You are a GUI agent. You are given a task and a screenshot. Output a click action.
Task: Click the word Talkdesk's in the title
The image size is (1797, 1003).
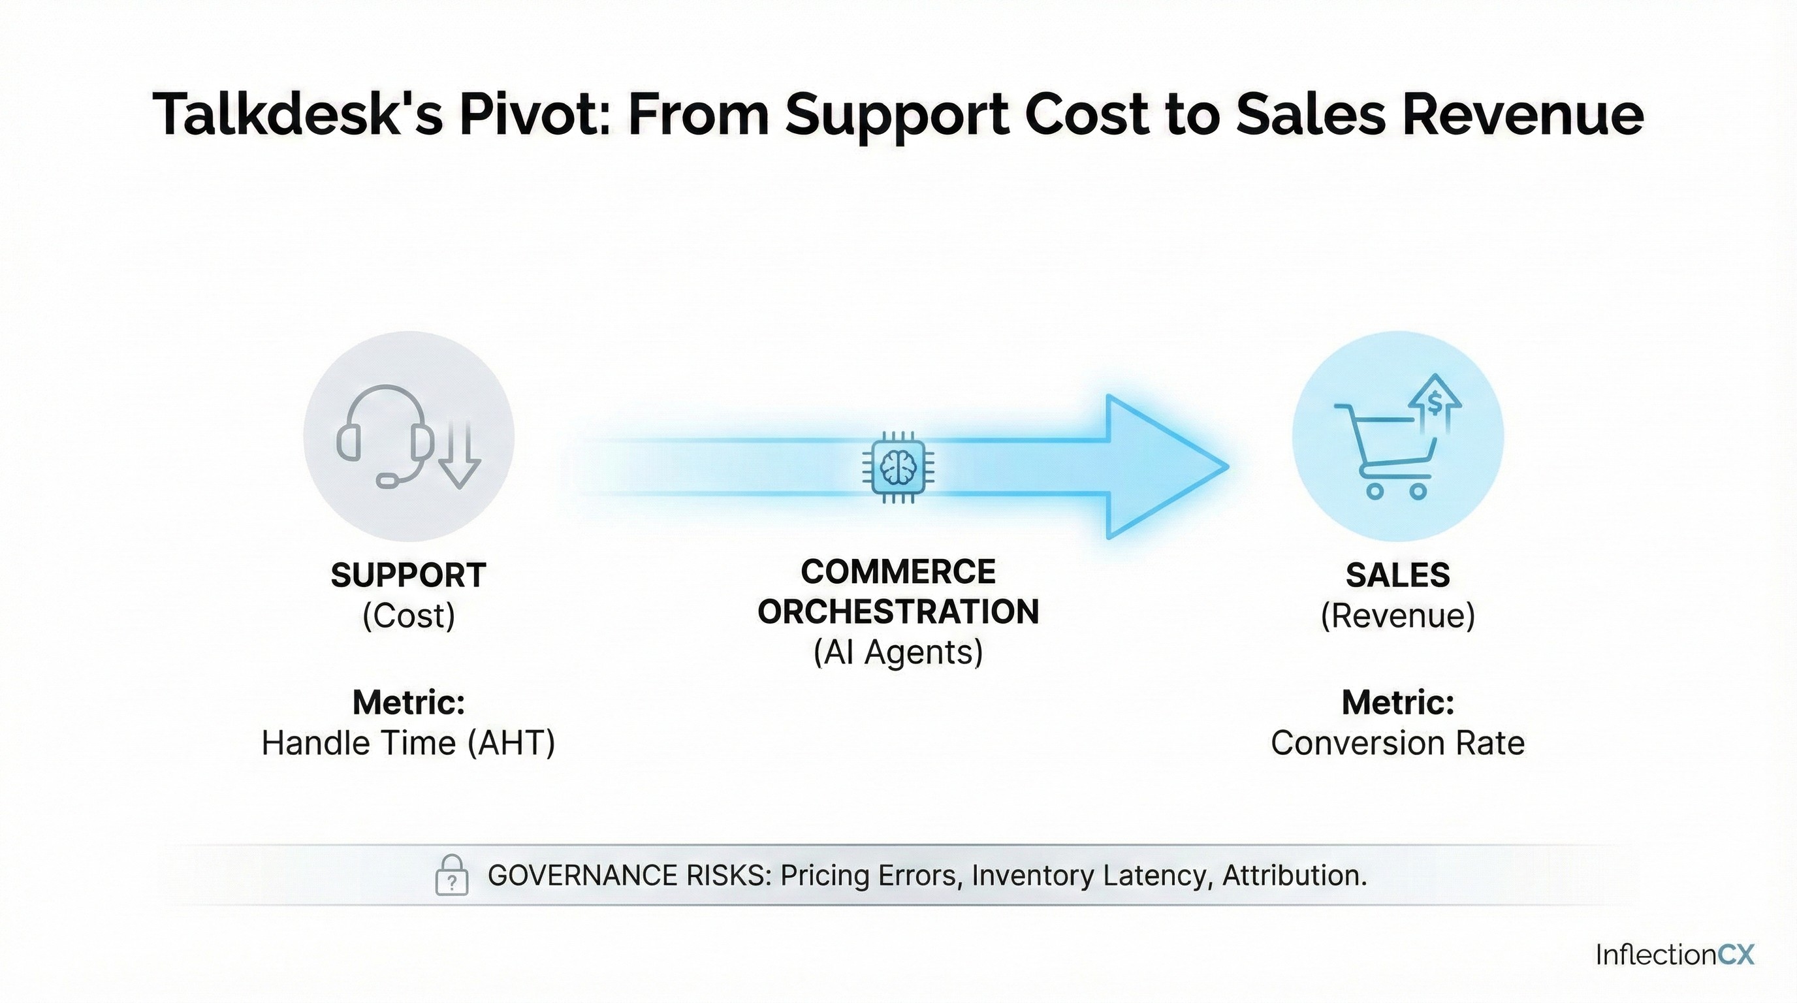click(x=298, y=114)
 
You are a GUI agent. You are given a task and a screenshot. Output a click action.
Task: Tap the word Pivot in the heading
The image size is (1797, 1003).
click(x=534, y=114)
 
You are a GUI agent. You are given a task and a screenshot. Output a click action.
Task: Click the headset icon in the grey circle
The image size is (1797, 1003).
click(x=382, y=436)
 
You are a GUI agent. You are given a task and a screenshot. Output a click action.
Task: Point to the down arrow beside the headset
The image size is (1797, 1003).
click(x=459, y=453)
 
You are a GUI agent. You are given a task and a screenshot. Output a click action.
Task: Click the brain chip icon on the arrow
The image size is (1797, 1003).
click(x=898, y=467)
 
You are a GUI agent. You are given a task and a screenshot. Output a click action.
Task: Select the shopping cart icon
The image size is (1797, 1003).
click(x=1386, y=451)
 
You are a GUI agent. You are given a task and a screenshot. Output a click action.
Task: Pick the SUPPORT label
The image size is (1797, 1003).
click(x=408, y=575)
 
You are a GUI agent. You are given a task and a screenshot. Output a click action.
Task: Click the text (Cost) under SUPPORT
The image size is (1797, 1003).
click(x=409, y=616)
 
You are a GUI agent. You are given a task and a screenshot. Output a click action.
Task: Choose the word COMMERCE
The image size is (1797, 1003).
click(x=898, y=572)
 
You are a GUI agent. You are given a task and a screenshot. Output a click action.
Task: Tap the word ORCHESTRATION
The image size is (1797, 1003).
click(x=898, y=612)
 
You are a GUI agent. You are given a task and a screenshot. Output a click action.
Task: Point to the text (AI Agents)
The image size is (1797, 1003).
click(x=898, y=653)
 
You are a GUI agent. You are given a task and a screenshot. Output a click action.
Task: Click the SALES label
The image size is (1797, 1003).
click(x=1398, y=575)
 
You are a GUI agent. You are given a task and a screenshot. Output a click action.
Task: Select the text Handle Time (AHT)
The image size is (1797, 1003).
click(x=408, y=743)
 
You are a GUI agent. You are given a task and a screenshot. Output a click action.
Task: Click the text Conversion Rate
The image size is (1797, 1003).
click(x=1398, y=743)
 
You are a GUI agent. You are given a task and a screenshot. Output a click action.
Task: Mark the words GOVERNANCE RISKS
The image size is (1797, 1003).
click(x=630, y=876)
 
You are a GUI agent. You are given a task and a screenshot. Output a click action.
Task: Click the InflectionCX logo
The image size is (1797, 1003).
click(x=1674, y=954)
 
